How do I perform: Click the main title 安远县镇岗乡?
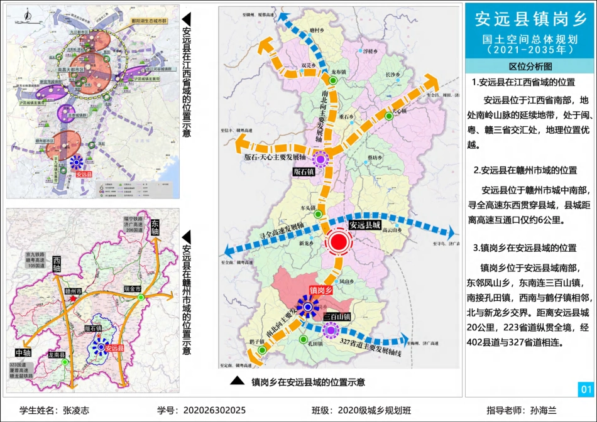click(530, 19)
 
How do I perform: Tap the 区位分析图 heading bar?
click(530, 66)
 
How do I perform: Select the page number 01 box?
click(586, 389)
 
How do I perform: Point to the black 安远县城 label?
click(365, 225)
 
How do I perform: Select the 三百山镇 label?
click(336, 317)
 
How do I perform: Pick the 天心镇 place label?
click(400, 111)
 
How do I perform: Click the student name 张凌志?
click(76, 410)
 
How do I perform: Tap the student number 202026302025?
click(214, 410)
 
